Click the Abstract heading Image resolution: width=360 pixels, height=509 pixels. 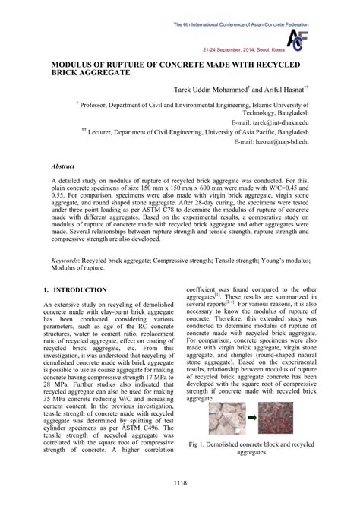tap(63, 165)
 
